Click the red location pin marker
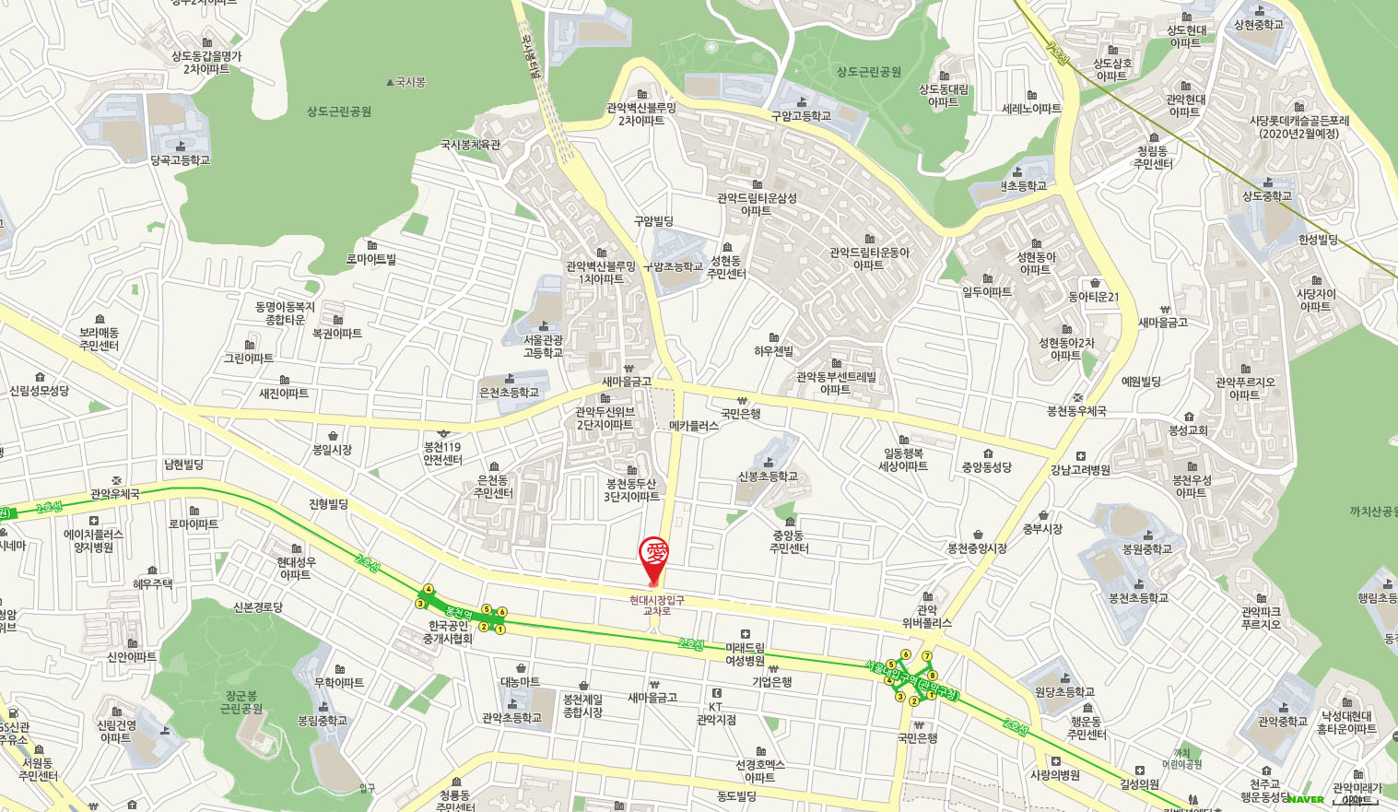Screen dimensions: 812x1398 tap(654, 557)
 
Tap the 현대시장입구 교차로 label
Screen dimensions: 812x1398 tap(656, 606)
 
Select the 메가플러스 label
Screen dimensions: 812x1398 tap(694, 426)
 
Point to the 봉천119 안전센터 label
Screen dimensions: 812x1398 tap(442, 453)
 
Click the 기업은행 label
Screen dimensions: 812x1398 tap(771, 681)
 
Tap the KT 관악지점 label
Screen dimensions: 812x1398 tap(716, 713)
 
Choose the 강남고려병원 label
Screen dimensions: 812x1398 tap(1080, 469)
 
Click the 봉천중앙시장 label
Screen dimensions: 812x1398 tap(977, 547)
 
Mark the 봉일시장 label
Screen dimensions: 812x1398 tap(332, 450)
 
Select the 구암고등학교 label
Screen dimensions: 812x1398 tap(801, 115)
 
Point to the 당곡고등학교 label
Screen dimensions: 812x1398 tap(181, 159)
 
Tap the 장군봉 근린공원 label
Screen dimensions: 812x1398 tap(241, 702)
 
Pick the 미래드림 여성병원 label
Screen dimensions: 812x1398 tap(745, 653)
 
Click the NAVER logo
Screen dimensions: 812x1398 tap(1306, 799)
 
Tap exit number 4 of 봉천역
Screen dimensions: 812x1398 tap(429, 589)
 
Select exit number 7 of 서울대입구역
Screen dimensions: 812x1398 tap(927, 656)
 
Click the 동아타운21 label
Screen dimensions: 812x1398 tap(1093, 297)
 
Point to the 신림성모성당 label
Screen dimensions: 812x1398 tap(39, 390)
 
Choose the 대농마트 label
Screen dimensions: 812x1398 tap(521, 682)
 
